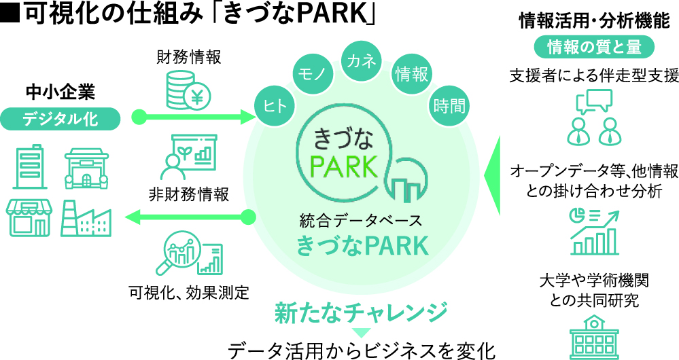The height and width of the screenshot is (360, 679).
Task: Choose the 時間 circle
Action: pos(449,106)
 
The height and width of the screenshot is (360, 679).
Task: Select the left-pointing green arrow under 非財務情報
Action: pos(190,217)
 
